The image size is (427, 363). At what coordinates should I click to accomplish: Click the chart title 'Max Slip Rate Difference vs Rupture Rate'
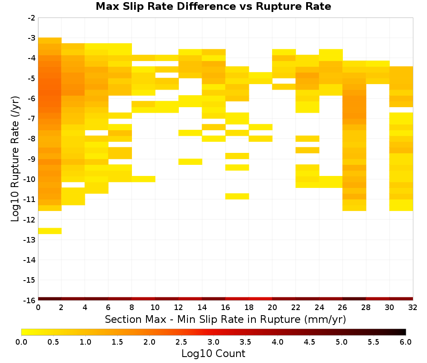pos(213,6)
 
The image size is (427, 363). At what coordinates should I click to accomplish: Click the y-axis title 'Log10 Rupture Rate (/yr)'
pos(15,159)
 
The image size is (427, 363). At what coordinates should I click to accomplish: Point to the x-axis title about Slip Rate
pos(225,319)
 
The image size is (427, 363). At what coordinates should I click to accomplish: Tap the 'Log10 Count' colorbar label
pos(213,354)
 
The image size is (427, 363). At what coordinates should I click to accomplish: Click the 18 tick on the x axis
pos(249,307)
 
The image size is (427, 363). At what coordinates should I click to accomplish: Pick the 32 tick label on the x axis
pos(413,307)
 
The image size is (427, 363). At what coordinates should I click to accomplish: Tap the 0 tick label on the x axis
pos(38,307)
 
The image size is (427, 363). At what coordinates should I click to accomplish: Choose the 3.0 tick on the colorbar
pos(213,342)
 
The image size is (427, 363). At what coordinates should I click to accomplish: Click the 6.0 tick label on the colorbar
pos(406,342)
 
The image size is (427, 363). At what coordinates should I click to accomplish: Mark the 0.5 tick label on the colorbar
pos(53,342)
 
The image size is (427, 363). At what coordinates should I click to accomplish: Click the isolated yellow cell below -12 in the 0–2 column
pos(50,231)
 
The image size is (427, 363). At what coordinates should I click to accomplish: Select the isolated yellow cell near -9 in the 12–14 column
pos(190,161)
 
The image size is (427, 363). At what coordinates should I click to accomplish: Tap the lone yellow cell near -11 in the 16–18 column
pos(237,196)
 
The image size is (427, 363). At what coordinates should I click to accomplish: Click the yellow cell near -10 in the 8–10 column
pos(143,179)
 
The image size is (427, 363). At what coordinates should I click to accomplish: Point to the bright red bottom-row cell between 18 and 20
pos(260,299)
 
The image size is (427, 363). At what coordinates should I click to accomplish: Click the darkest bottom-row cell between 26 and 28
pos(354,299)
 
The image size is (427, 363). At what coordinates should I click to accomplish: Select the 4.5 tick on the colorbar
pos(309,342)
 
